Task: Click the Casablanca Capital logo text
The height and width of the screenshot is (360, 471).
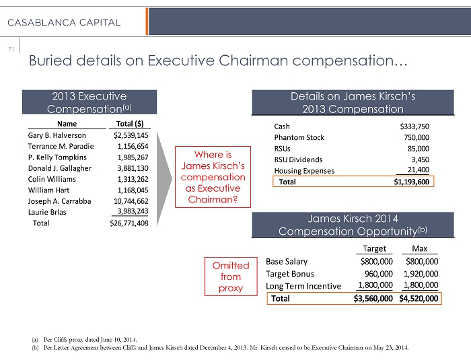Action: [64, 22]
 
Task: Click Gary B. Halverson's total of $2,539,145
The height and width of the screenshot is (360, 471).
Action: [131, 135]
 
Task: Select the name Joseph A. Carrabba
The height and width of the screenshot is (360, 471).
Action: [61, 201]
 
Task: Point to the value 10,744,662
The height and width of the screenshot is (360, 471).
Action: [132, 201]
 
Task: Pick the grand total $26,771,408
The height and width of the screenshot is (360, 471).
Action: [129, 223]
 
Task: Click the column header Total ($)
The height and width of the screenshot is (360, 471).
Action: [133, 124]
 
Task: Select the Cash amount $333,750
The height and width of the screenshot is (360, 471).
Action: [414, 126]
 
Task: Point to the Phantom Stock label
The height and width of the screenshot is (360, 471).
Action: [299, 137]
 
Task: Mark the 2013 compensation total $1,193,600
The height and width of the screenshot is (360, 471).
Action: [410, 182]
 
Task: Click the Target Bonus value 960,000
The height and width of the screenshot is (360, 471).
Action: [375, 274]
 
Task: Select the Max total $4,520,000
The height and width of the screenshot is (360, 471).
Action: [419, 298]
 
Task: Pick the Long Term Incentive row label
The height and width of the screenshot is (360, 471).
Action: [303, 286]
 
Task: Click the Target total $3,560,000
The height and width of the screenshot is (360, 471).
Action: [373, 298]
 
